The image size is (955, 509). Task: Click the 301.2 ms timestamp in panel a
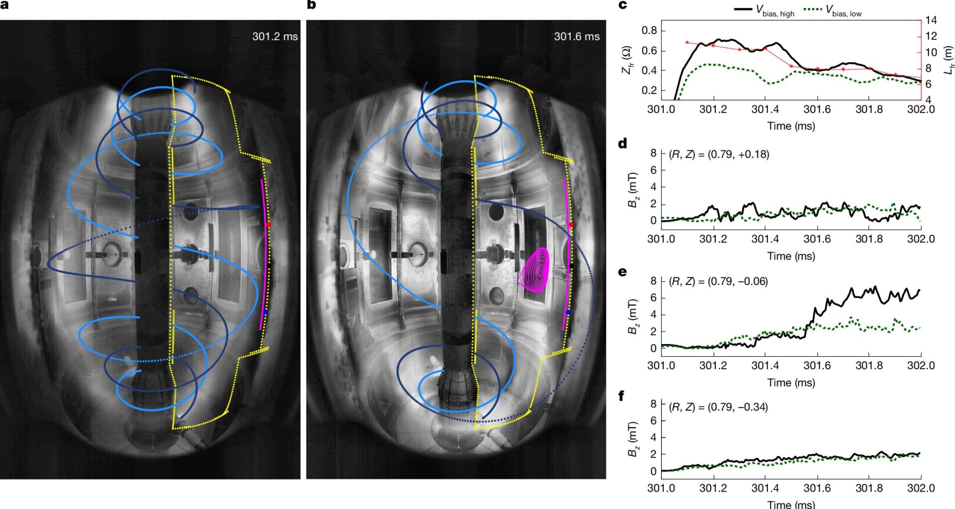click(275, 36)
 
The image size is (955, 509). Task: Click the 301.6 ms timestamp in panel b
click(576, 36)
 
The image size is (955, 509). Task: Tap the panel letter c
click(622, 5)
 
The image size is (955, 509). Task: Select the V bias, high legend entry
click(764, 10)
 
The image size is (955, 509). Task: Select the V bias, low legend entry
click(833, 10)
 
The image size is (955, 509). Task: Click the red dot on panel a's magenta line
click(268, 225)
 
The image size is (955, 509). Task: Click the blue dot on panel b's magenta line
click(568, 312)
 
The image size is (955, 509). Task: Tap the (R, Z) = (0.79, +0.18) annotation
click(719, 155)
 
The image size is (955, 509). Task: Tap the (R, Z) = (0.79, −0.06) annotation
click(718, 282)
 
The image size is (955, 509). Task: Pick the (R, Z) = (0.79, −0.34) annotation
click(718, 408)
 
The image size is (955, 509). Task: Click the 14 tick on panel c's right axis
click(931, 20)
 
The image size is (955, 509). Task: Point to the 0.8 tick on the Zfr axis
click(649, 30)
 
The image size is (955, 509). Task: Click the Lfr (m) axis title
click(948, 60)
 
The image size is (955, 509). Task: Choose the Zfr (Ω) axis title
click(627, 60)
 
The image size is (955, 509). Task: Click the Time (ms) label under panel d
click(791, 256)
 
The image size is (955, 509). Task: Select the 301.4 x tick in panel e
click(765, 366)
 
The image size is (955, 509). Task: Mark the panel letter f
click(621, 396)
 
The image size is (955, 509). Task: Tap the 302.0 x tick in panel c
click(921, 109)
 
